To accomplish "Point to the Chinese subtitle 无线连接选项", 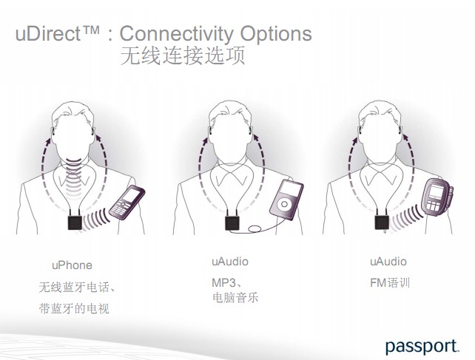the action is click(183, 55).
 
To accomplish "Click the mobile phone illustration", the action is click(127, 203).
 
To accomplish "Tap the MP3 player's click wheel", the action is click(284, 204).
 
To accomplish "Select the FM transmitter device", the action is click(437, 197).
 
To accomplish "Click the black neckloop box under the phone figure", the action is click(75, 223).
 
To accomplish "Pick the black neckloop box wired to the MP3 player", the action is click(232, 223).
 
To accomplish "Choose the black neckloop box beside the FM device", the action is click(382, 223).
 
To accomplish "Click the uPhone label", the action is click(72, 265).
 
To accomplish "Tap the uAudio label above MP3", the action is click(230, 262).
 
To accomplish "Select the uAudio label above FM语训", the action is click(388, 262).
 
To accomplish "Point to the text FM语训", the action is click(390, 283).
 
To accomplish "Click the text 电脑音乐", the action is click(235, 297).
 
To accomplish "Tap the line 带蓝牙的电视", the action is click(74, 308).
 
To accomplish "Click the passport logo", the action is click(422, 346).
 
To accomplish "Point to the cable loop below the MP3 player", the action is click(255, 229).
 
